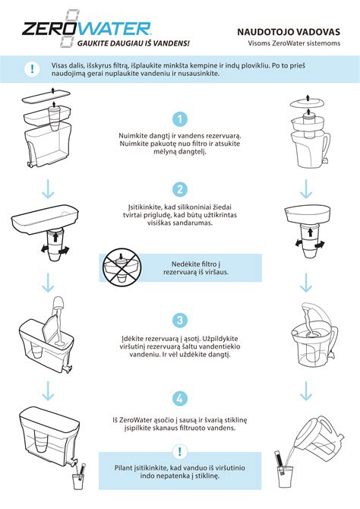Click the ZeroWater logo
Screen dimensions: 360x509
coord(87,29)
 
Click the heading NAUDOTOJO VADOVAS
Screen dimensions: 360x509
coord(289,32)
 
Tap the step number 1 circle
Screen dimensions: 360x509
coord(179,119)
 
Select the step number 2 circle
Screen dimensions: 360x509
coord(179,189)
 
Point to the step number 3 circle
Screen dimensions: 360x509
coord(179,321)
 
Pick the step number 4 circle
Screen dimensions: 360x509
coord(179,398)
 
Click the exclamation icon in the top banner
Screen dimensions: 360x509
coord(32,69)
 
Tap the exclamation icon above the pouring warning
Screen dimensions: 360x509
coord(179,451)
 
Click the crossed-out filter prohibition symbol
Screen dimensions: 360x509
coord(122,268)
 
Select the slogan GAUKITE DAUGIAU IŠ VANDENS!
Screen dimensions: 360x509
coord(133,43)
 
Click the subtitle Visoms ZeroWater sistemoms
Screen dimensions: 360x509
coord(294,43)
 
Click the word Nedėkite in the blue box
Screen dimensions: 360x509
coord(185,264)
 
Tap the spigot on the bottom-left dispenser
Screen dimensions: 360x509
coord(74,460)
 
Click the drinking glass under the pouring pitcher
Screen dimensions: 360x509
coord(286,477)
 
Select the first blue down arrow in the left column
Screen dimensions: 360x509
coord(48,188)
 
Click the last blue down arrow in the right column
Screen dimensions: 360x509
coord(306,390)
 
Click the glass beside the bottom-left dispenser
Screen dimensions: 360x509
coord(77,481)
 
